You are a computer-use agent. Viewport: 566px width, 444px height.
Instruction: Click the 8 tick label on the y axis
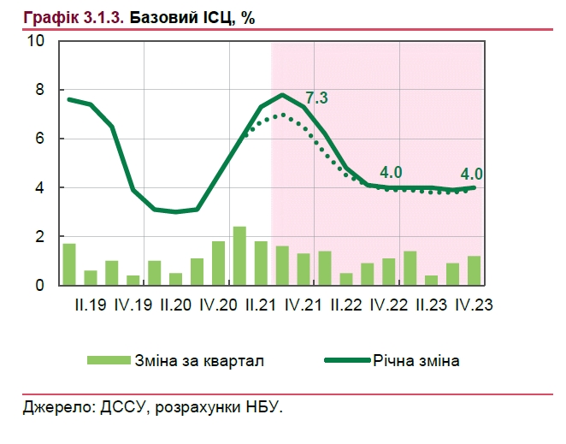click(38, 90)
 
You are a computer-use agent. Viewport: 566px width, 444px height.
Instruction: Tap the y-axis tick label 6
click(38, 139)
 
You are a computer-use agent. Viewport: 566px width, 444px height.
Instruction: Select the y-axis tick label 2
click(38, 236)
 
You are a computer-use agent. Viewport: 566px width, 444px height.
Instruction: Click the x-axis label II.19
click(90, 305)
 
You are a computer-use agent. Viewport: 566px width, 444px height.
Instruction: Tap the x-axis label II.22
click(348, 305)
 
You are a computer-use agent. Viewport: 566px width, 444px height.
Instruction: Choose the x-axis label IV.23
click(475, 305)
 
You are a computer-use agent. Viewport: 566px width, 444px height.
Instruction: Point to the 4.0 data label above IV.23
click(472, 172)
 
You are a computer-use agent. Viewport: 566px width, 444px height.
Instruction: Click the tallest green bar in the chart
click(239, 256)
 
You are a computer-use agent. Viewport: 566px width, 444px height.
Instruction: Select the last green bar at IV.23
click(474, 270)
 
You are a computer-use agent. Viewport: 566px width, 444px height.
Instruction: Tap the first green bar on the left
click(69, 264)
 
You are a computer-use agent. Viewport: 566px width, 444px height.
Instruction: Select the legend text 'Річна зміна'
click(416, 361)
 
